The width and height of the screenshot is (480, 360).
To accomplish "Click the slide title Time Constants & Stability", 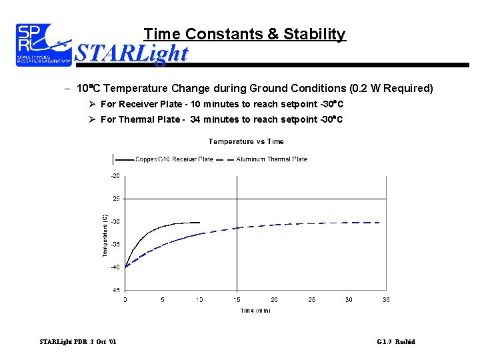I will (x=245, y=34).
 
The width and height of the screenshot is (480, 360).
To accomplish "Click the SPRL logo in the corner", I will (x=43, y=45).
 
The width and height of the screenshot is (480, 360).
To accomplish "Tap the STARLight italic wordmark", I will (x=131, y=53).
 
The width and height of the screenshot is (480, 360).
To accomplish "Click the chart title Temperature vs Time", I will (x=246, y=141).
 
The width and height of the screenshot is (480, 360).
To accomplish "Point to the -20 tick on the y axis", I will (x=115, y=176).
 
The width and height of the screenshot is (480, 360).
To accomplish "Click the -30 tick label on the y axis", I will (x=115, y=221).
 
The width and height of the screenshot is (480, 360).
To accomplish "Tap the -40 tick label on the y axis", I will (x=115, y=267).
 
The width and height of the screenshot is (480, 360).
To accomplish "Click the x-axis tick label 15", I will (x=237, y=300).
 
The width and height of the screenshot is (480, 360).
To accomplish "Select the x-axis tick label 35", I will (x=386, y=300).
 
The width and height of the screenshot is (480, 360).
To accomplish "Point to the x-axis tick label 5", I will (x=162, y=300).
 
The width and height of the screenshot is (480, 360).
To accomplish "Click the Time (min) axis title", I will (x=255, y=311).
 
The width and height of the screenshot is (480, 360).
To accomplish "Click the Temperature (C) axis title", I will (x=105, y=235).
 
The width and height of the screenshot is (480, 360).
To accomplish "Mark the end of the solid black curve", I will (x=199, y=222).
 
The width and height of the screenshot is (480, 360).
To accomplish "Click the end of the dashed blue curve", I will (x=379, y=223).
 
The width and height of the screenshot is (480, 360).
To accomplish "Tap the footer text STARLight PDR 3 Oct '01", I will (x=78, y=342).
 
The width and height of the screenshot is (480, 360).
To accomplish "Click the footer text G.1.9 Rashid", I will (x=395, y=342).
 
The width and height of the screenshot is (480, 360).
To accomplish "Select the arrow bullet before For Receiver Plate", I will (x=93, y=105).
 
